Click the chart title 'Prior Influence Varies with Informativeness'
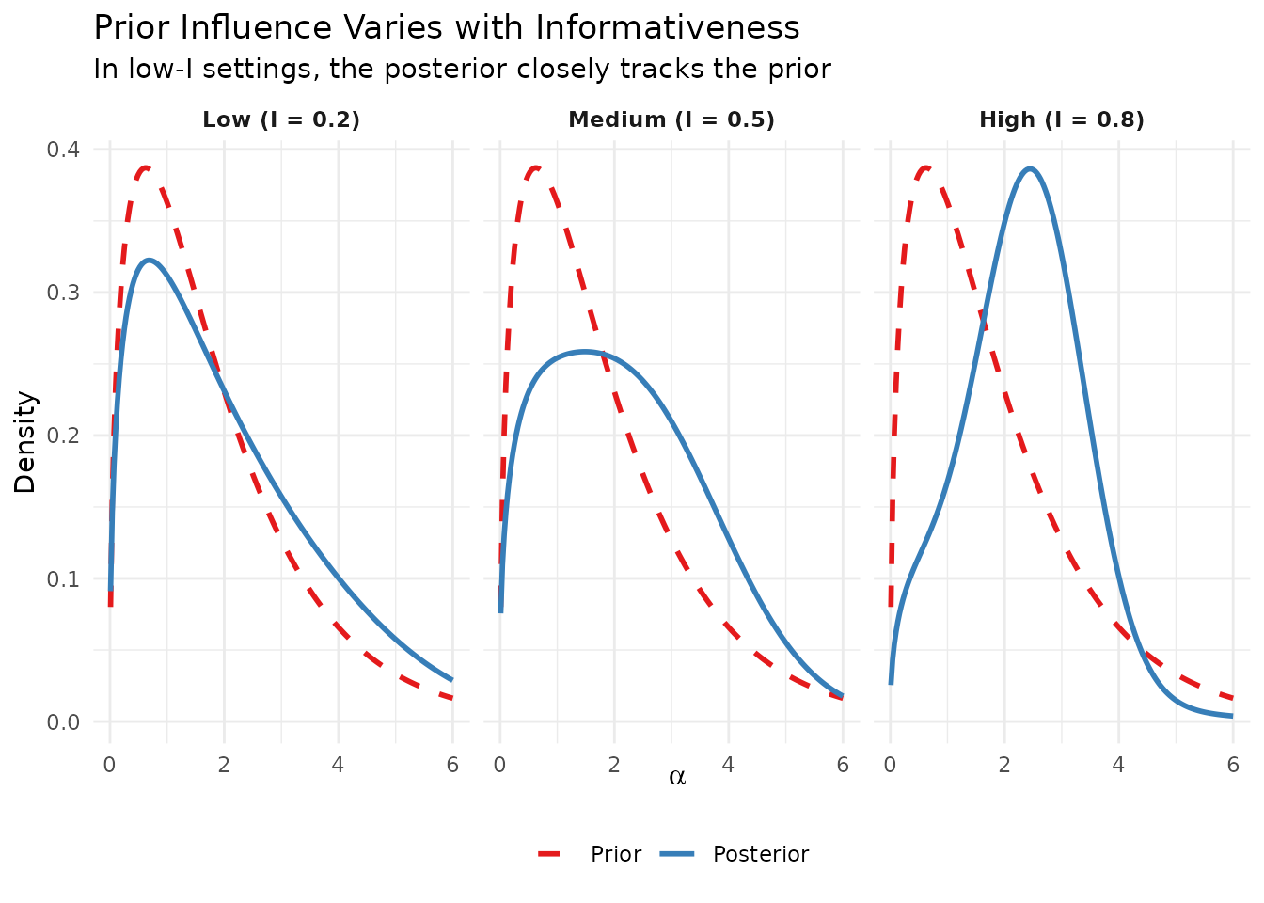[447, 28]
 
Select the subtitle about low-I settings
[462, 70]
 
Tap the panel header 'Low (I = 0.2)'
[281, 119]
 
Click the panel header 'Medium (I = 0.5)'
[671, 119]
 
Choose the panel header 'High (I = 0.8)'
[1062, 119]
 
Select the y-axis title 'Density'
[25, 442]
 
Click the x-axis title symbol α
[677, 777]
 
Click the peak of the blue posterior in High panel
[1031, 169]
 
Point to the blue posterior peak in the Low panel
[149, 260]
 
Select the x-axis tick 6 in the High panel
[1232, 765]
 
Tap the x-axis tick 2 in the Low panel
[224, 765]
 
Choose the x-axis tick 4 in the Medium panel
[728, 765]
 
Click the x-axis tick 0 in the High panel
[890, 765]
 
